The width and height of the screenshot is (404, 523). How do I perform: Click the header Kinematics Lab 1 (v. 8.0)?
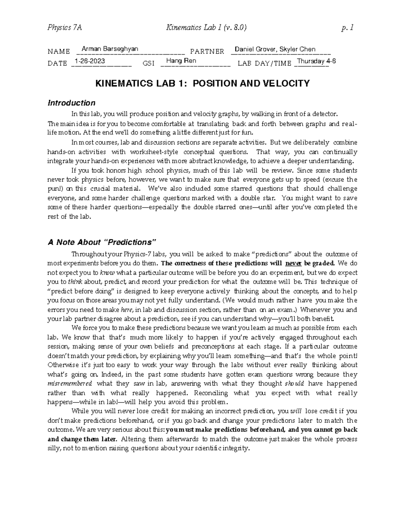(x=206, y=28)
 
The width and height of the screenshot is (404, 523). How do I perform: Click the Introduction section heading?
(x=71, y=103)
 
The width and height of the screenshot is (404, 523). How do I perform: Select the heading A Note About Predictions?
(x=103, y=242)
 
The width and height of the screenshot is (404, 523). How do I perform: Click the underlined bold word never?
(x=293, y=263)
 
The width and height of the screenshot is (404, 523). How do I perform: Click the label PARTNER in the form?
(x=207, y=52)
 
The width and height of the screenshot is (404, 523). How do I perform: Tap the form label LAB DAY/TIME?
(x=264, y=64)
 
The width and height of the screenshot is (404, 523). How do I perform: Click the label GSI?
(x=148, y=64)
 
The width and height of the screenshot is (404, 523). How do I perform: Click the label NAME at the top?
(x=59, y=52)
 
